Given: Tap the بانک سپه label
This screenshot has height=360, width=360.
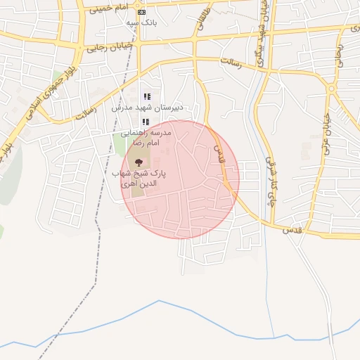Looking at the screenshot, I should pos(141,22).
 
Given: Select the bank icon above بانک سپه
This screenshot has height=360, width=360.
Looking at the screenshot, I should pos(141,12).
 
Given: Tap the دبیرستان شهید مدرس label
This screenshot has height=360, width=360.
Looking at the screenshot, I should pos(147,108).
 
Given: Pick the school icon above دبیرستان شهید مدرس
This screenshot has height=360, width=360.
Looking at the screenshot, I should pos(147,96).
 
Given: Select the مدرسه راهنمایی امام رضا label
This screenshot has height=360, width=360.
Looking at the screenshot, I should pos(146,137).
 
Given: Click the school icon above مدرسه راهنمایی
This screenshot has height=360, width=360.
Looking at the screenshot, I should pos(146,122).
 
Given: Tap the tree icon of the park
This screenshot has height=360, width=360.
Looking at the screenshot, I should pos(138,162).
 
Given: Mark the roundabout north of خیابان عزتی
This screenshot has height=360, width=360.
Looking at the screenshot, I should pos(330,89).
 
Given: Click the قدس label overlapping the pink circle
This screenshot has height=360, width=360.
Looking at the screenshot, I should pos(217,151).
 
